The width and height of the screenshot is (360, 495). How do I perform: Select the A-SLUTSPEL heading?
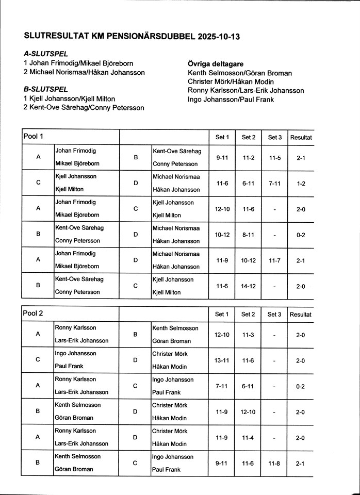[46, 54]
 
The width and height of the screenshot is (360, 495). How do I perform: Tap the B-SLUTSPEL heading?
[46, 89]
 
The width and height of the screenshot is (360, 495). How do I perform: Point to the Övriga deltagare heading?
[216, 64]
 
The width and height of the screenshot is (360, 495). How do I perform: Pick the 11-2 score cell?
[249, 157]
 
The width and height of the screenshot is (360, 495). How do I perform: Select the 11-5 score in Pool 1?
[274, 157]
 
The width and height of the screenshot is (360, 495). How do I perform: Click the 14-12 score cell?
[249, 286]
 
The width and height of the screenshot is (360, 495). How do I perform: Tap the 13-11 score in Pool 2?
[222, 360]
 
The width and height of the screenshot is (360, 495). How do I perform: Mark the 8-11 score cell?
[249, 235]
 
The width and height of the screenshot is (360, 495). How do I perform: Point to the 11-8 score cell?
[274, 464]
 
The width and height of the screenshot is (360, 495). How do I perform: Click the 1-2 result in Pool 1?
[301, 183]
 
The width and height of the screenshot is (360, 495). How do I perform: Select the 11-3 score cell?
[249, 335]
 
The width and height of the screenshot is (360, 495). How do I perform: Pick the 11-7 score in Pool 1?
[274, 260]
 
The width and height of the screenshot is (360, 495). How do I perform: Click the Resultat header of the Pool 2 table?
[301, 314]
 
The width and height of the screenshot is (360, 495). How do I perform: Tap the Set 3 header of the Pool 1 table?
[274, 137]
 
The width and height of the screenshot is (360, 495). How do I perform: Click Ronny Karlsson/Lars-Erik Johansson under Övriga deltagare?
[246, 91]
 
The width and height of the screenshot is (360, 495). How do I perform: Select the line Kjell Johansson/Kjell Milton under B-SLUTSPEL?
[69, 98]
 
